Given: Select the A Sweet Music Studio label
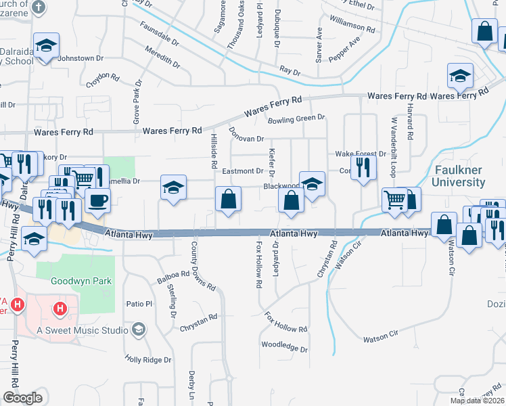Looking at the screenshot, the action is (83, 330).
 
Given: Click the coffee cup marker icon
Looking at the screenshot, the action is (98, 201).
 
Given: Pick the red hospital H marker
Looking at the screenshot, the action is (61, 309).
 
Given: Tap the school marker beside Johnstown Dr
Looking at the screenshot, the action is (46, 46).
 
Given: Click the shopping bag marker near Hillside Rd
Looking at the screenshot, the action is (228, 200).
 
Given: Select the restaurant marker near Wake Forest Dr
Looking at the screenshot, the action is (364, 167).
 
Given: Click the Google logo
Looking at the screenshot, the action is (22, 397).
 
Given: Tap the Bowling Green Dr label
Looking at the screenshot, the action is (296, 118).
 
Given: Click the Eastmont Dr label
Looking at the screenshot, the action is (242, 172).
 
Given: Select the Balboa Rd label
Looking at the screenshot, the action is (156, 276).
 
